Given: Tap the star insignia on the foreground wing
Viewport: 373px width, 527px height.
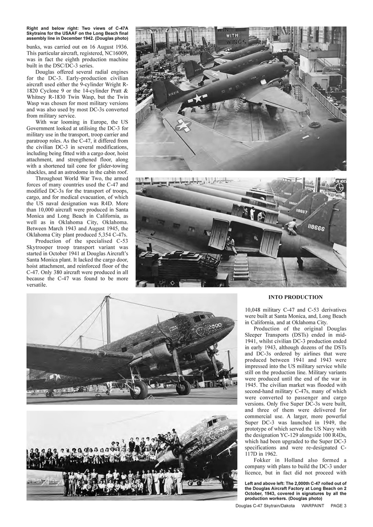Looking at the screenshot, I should (x=183, y=125).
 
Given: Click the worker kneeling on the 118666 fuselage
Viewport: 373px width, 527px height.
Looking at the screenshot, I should (x=292, y=226).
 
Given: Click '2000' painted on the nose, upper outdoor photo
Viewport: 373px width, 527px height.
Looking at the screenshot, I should (x=214, y=326).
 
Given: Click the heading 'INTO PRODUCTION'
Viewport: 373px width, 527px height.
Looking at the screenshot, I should (x=295, y=297).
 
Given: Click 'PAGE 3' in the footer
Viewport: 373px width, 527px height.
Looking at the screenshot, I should (x=338, y=506).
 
